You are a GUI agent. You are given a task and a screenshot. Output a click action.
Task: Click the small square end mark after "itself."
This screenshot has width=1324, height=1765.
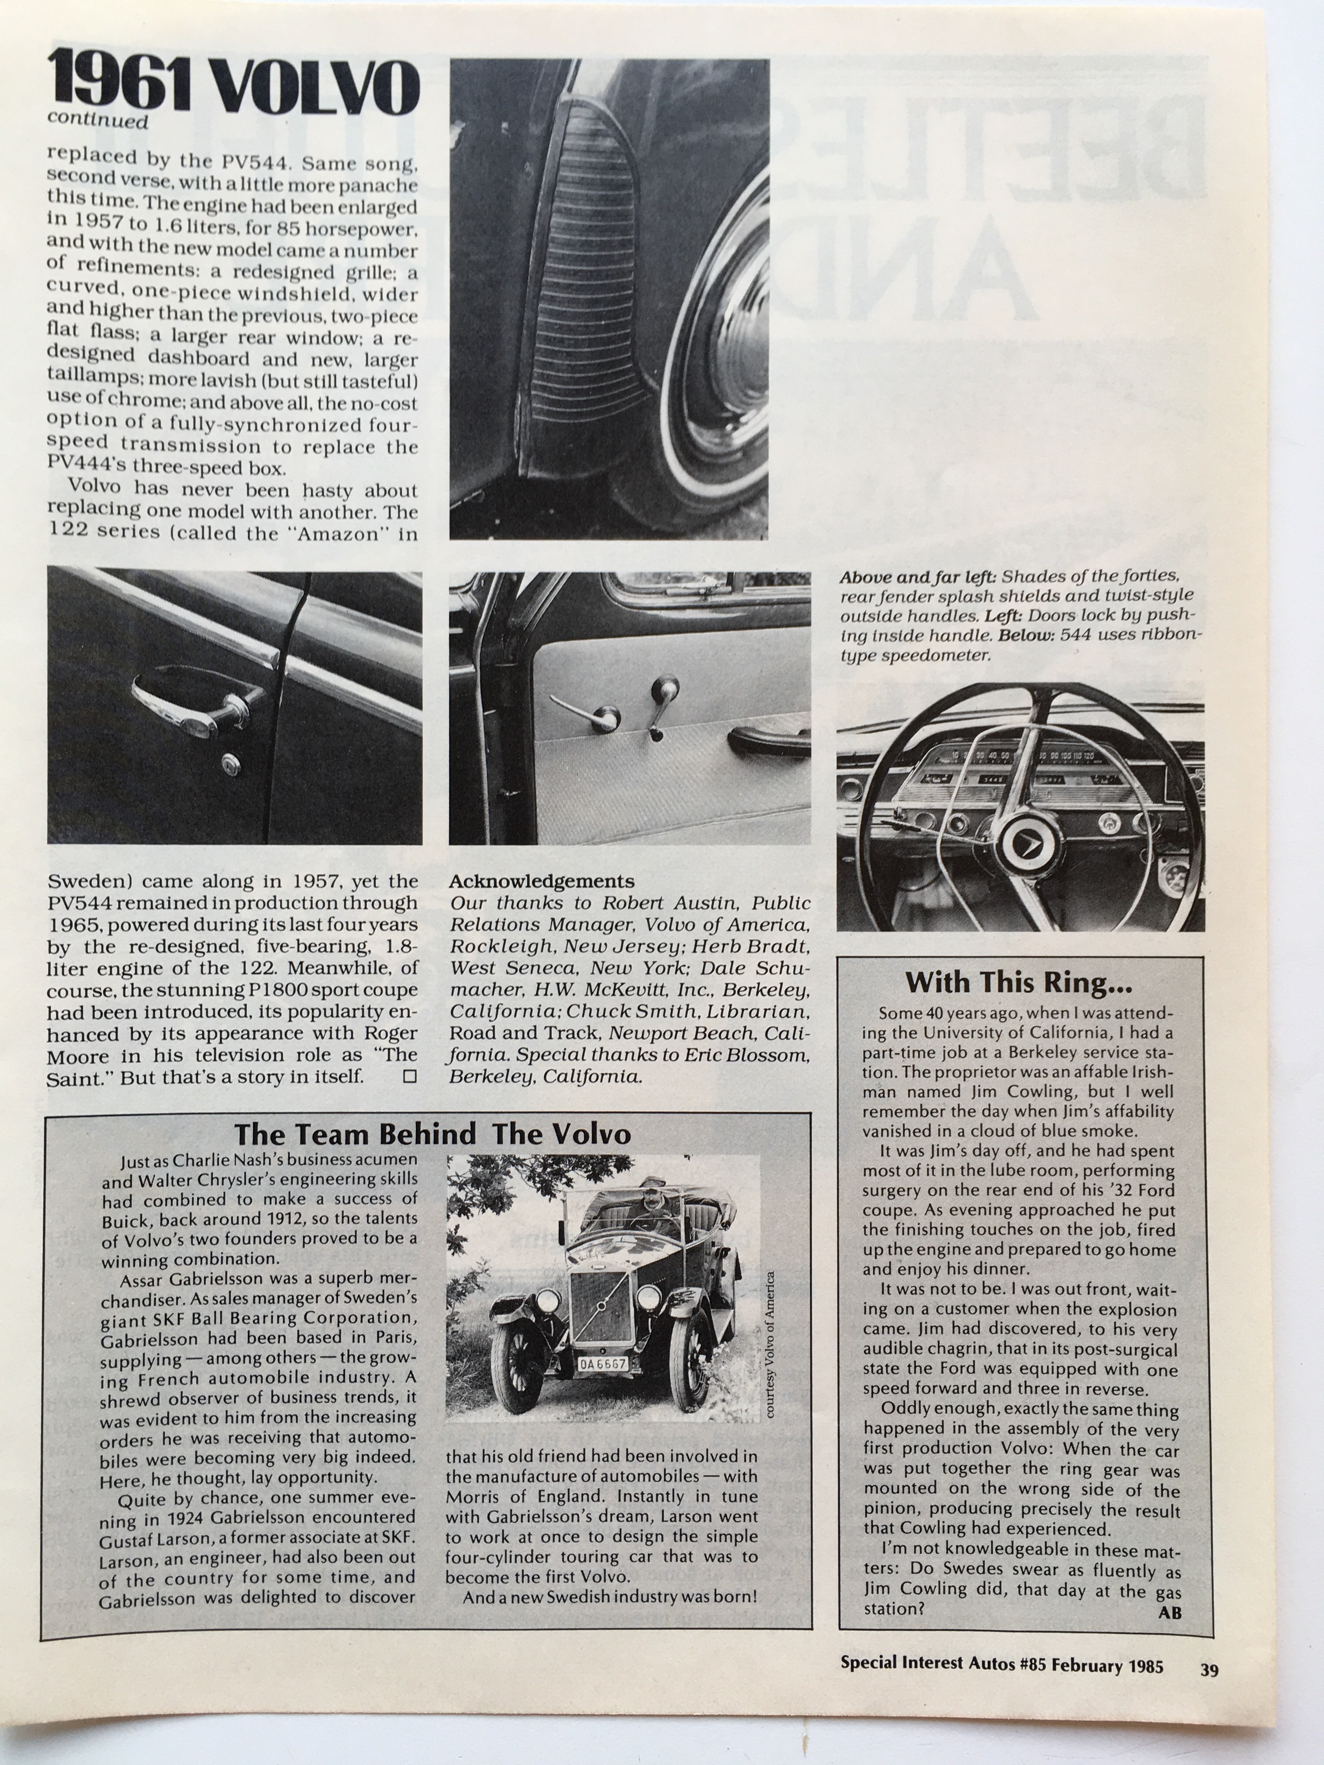pos(410,1076)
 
